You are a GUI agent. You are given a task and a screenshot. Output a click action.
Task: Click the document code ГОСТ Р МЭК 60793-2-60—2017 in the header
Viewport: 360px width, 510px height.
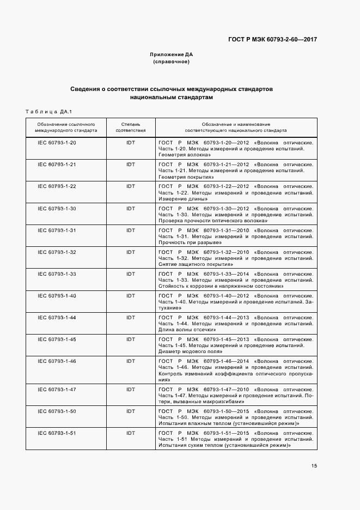click(272, 39)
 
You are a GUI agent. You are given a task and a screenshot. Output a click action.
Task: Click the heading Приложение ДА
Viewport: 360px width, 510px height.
click(172, 54)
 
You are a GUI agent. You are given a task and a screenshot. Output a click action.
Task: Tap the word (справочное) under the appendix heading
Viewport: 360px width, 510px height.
click(172, 62)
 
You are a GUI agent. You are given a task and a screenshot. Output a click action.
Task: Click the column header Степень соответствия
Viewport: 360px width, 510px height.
click(131, 127)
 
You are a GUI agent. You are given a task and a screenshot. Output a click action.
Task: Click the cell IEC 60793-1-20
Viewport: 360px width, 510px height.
click(57, 142)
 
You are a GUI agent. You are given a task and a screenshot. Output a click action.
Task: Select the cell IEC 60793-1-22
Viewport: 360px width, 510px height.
click(57, 186)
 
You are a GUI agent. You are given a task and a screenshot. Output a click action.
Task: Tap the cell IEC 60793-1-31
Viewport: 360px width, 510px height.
click(57, 230)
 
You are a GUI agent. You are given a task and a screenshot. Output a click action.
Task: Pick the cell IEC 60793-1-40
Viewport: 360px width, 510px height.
click(57, 295)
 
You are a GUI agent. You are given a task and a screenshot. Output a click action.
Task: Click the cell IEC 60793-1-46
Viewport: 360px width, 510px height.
click(57, 361)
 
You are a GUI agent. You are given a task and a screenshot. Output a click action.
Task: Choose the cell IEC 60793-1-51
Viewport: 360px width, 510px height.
click(57, 433)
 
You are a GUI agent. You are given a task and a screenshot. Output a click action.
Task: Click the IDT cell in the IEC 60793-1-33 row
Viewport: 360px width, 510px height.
click(131, 274)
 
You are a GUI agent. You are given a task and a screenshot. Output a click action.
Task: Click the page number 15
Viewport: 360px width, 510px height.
click(314, 466)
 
